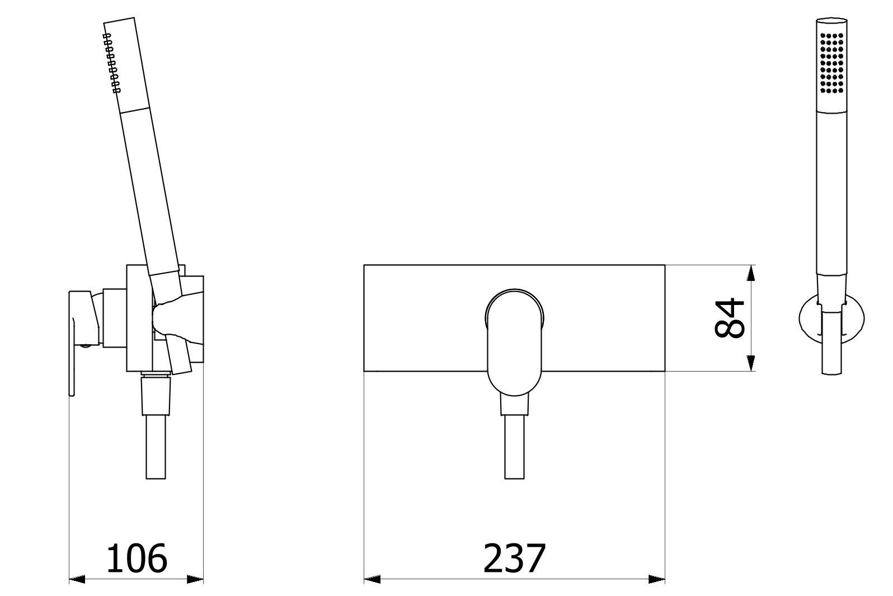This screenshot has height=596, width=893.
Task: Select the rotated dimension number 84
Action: [x=730, y=318]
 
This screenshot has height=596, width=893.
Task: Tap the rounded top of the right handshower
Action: [x=831, y=24]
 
